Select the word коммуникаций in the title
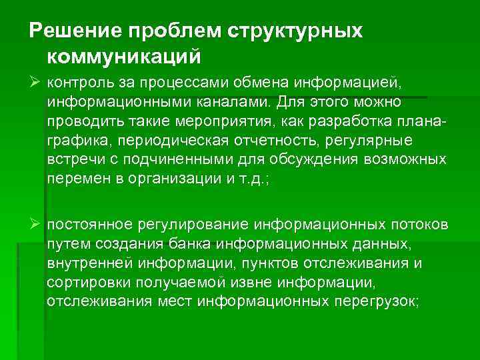click(x=125, y=57)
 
